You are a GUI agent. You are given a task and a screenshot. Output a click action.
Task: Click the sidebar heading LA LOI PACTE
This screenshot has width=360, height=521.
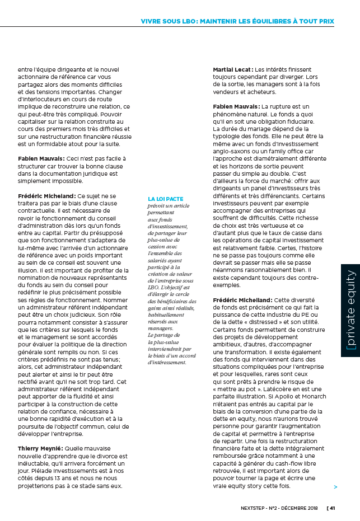pos(165,199)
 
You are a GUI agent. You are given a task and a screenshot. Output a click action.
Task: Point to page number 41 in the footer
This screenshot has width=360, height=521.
pos(332,508)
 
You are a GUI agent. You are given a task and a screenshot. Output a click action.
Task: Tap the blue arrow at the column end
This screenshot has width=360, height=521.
pos(335,487)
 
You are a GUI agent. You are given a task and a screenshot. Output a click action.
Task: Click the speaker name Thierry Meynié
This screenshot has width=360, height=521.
pos(41,448)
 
